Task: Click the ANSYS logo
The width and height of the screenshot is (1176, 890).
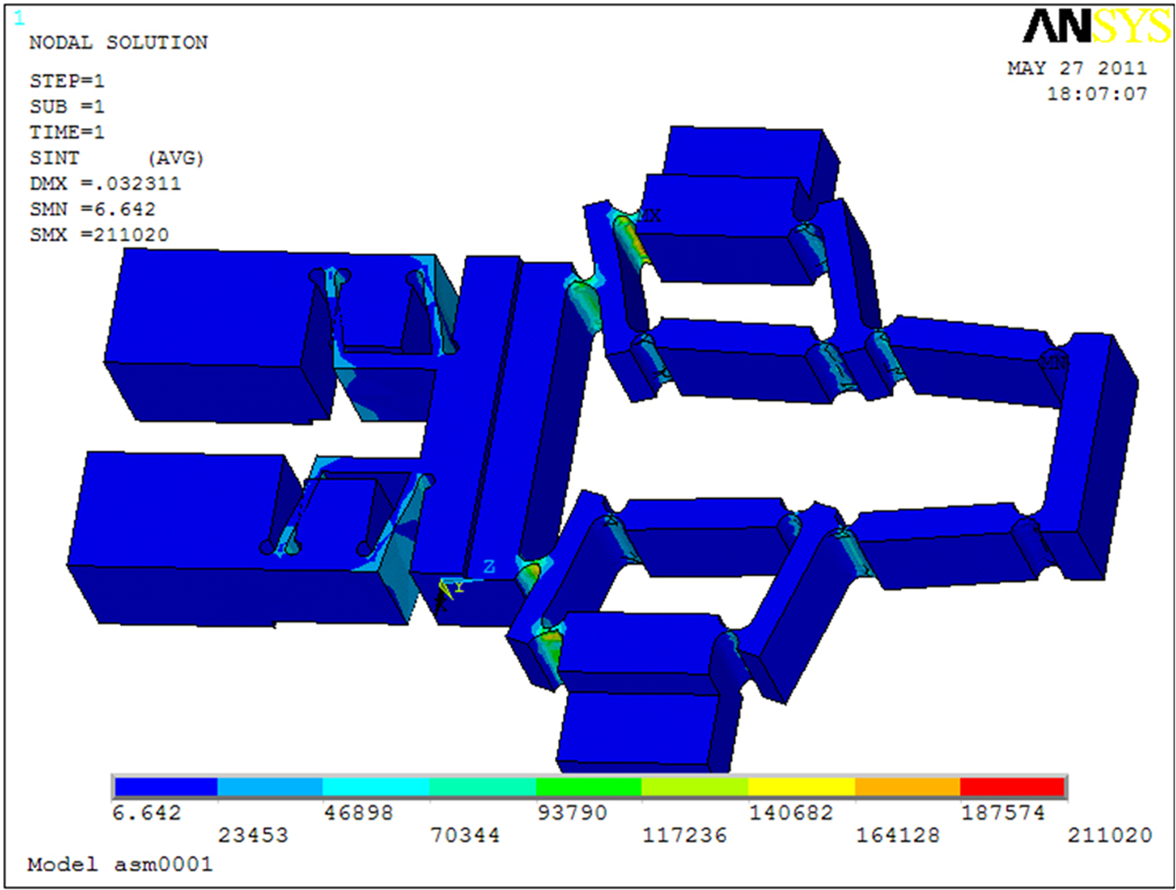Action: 1097,26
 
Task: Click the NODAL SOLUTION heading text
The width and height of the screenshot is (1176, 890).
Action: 118,42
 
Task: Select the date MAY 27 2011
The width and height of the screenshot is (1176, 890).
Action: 1077,68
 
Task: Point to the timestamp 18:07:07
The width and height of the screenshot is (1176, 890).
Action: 1097,94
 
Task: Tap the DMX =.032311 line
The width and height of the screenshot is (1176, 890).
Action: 105,184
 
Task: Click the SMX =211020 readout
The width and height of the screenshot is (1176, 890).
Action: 99,234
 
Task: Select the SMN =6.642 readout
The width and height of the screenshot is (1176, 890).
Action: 92,209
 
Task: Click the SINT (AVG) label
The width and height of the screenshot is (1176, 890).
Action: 117,158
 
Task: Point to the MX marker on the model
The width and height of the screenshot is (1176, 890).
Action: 650,216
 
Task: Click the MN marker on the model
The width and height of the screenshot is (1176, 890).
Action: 1052,363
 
